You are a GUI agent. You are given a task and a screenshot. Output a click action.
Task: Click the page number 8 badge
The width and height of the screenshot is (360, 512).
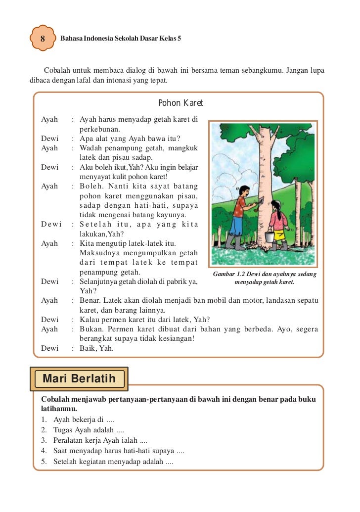click(x=43, y=38)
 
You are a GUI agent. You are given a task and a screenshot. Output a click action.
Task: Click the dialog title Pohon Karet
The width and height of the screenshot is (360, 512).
click(x=180, y=103)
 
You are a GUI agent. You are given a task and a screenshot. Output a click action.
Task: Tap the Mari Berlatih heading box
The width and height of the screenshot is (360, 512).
click(x=79, y=379)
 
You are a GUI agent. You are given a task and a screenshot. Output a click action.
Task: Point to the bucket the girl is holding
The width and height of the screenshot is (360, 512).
click(x=269, y=237)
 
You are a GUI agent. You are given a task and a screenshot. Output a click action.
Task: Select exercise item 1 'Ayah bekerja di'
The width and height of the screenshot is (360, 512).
click(x=77, y=420)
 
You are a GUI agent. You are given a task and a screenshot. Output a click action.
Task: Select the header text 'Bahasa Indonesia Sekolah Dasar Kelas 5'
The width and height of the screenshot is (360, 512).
click(x=120, y=38)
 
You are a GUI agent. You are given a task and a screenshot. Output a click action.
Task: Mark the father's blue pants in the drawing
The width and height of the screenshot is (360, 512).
click(x=236, y=227)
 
